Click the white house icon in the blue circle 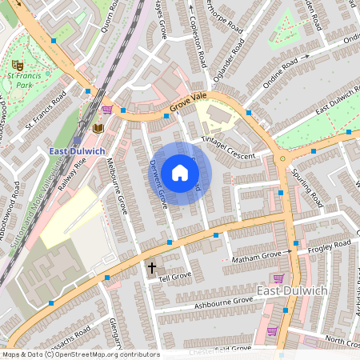[180, 173]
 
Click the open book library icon [98, 128]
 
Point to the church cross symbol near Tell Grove [151, 267]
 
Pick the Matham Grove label [255, 257]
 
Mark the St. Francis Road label [44, 113]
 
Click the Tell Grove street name [174, 277]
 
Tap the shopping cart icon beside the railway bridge [107, 110]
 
